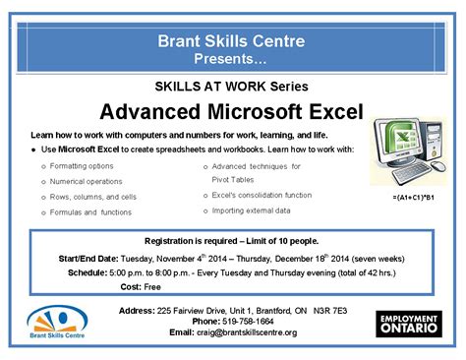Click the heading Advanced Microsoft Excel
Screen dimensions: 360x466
[x=232, y=108]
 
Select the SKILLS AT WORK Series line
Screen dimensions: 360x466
[x=233, y=86]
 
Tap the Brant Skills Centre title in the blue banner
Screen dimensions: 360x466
[x=232, y=41]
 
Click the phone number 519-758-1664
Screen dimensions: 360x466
[x=248, y=322]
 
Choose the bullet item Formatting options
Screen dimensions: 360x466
[x=82, y=165]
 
